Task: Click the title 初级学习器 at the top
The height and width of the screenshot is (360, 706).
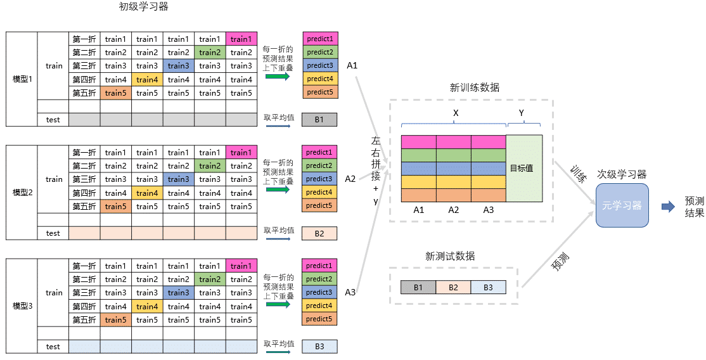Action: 144,7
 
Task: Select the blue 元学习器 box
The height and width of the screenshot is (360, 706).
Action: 622,205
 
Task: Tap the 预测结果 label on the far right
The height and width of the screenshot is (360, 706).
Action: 694,207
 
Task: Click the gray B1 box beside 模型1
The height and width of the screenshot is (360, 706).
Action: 319,119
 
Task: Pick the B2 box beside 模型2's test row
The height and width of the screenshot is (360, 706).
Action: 319,233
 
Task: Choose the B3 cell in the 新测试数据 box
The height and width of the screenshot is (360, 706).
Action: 488,287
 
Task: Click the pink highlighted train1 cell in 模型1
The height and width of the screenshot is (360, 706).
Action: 241,39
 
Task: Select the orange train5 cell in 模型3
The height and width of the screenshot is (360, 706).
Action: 116,319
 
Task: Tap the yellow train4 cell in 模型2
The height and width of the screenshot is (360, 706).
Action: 147,193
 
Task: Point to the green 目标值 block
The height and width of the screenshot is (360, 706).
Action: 524,169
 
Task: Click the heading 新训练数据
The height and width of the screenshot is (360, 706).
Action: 474,87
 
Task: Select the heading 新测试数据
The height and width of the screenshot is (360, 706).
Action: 450,256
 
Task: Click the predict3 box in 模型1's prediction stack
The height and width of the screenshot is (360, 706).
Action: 319,66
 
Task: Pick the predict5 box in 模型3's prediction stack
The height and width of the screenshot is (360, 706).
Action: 319,319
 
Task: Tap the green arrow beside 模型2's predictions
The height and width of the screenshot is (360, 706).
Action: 278,190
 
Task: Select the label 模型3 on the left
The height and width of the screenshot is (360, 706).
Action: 22,306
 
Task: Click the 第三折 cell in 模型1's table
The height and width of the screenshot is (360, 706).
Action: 84,66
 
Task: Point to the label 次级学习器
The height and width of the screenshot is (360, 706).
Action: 621,174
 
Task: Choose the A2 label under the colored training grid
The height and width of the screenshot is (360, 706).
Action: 453,210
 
